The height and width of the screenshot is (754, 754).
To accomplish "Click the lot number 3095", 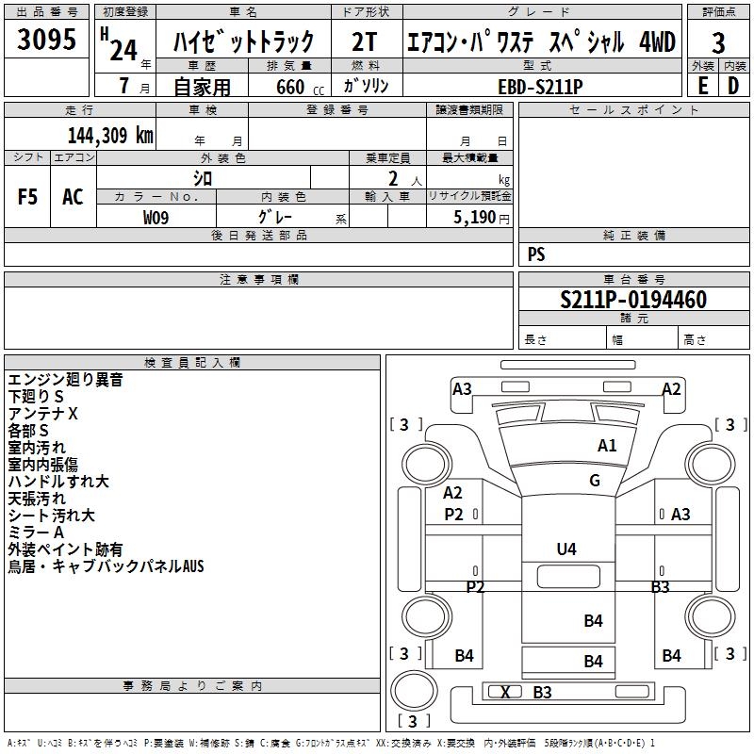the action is [46, 39].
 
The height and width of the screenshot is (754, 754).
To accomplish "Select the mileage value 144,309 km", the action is [110, 136].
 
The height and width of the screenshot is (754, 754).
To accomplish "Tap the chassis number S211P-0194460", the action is [633, 300].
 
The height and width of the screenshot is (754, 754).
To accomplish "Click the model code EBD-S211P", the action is [540, 87].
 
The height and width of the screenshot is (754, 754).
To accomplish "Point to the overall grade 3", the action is [718, 43].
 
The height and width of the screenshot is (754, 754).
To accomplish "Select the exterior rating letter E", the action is [703, 86].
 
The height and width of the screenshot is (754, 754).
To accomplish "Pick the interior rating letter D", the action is [733, 86].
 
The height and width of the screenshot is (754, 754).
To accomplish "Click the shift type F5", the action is [27, 197].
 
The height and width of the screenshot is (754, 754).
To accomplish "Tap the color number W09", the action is [156, 218].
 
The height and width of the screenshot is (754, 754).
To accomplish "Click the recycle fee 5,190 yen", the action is [482, 218].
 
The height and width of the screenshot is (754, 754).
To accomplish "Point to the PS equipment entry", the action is [536, 254].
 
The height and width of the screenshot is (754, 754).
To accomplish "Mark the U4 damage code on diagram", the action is [566, 549].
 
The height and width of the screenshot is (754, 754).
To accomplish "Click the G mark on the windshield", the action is [595, 480].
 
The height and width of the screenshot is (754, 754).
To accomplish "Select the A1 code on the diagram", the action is [607, 446].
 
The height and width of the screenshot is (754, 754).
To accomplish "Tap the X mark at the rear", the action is [505, 693].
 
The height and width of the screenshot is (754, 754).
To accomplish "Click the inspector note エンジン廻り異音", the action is [65, 380].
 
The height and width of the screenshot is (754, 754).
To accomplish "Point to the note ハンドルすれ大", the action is [58, 482].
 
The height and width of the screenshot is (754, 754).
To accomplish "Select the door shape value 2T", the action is [364, 41].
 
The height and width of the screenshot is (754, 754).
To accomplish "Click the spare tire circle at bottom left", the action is [414, 691].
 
